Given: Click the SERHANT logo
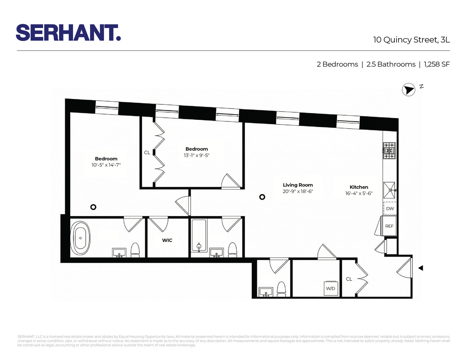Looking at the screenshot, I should click(68, 33).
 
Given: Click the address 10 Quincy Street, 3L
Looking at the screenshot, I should click(411, 40).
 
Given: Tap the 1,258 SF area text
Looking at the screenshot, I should click(436, 64).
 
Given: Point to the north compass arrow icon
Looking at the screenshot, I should click(408, 90).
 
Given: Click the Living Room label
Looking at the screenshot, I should click(297, 185).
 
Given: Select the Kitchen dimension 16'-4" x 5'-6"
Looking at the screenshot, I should click(359, 193).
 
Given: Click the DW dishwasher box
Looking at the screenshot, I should click(390, 208).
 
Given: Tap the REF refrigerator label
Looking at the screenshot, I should click(389, 226).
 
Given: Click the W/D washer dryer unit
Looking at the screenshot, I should click(331, 288).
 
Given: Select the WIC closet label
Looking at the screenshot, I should click(167, 240).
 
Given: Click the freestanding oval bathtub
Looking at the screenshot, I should click(80, 238).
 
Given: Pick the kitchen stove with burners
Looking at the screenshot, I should click(389, 150).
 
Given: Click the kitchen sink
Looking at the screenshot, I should click(389, 190).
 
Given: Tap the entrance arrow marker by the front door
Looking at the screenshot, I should click(420, 268).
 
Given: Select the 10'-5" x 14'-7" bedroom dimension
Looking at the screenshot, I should click(106, 165).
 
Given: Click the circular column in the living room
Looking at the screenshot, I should click(262, 197).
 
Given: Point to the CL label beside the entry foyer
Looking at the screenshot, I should click(349, 279).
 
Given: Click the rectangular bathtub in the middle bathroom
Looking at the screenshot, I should click(198, 235).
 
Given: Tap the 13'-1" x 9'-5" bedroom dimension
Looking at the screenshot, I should click(196, 156).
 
